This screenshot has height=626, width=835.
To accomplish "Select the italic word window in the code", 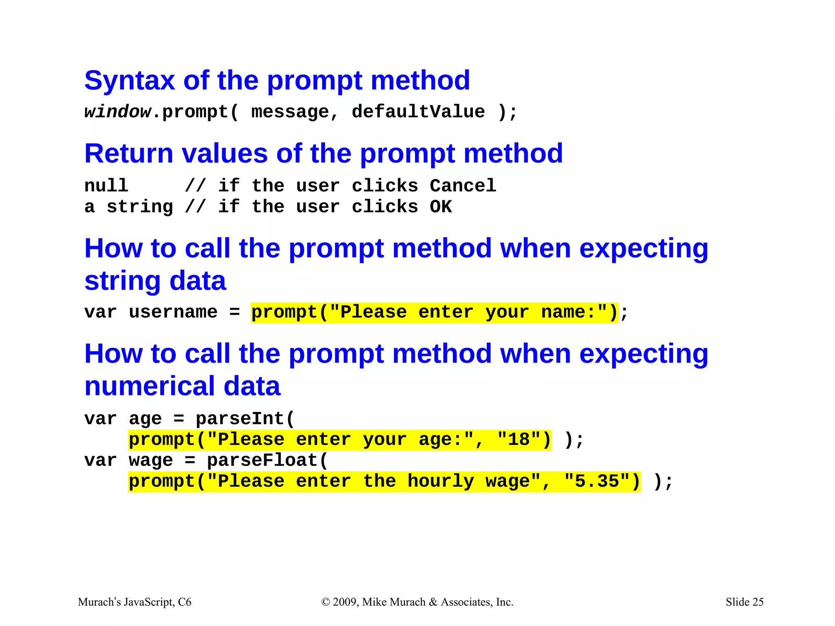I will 117,112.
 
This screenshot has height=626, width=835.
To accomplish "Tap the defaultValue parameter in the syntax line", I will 418,112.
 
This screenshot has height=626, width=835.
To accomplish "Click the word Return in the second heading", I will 129,154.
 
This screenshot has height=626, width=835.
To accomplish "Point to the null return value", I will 106,186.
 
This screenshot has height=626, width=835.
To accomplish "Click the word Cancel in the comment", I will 463,186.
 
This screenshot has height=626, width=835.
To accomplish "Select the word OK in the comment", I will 440,207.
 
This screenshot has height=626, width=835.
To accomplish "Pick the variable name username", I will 173,312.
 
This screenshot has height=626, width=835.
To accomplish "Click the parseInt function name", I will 240,419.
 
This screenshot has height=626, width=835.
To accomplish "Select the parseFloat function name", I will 263,461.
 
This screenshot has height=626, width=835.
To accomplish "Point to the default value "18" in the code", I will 519,440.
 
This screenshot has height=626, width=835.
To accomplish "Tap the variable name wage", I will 151,461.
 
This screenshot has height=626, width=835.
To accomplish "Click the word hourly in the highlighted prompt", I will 441,481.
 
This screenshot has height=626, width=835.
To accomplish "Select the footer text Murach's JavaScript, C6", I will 135,602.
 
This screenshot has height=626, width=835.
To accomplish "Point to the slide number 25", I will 758,602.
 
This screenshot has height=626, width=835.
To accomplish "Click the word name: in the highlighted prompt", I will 569,312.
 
